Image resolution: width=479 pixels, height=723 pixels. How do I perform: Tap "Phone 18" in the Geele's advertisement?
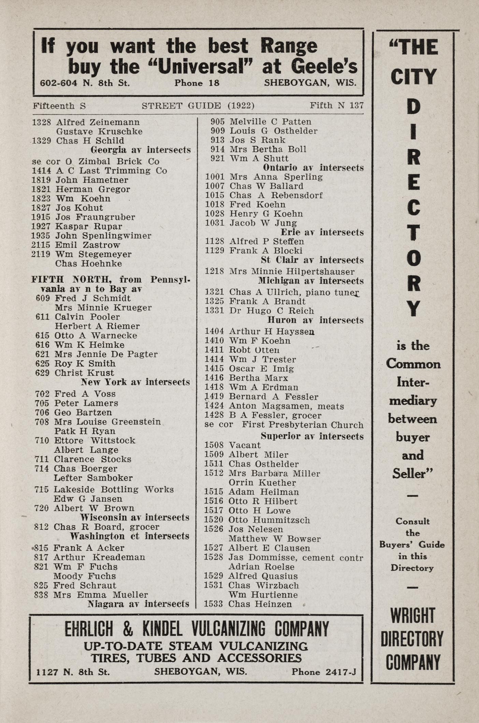(197, 83)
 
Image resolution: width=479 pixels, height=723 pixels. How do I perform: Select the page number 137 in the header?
(356, 105)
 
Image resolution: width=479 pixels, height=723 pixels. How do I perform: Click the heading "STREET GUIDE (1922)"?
(198, 106)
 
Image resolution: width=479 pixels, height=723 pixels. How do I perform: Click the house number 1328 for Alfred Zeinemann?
(41, 122)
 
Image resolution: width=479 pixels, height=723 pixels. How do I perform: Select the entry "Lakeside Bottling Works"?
(114, 489)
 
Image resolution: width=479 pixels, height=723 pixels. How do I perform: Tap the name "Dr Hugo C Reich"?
(272, 311)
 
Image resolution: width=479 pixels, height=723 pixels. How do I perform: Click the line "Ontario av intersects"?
(313, 168)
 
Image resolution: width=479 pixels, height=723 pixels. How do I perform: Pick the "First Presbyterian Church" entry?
(302, 425)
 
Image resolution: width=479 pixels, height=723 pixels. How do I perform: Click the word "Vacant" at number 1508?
(245, 445)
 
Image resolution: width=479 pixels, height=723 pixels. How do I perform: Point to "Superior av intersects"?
(312, 436)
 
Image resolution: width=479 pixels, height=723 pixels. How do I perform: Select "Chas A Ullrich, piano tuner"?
(294, 292)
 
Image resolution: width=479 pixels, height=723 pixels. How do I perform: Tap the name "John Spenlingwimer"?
(103, 236)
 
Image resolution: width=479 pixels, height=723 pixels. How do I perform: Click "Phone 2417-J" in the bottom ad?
(323, 672)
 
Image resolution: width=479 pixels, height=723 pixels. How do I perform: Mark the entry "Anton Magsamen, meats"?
(286, 406)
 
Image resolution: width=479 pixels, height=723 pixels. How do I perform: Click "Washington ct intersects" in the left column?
(129, 536)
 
